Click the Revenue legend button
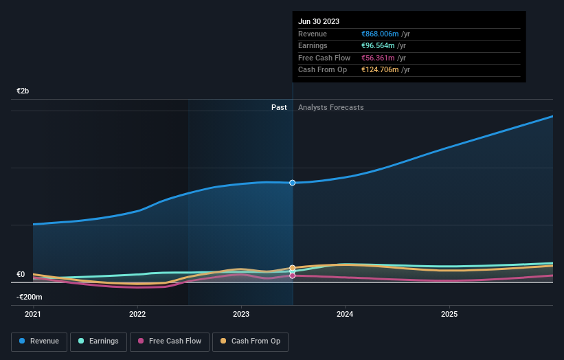[39, 341]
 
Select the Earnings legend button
[99, 341]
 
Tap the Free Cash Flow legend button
[170, 341]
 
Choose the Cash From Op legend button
[251, 341]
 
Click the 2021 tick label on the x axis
[33, 314]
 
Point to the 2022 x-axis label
[137, 314]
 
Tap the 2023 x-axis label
[241, 314]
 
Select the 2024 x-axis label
[345, 314]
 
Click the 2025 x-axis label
[449, 314]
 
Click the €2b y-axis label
[23, 91]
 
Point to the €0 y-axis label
[21, 274]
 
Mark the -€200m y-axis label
[30, 297]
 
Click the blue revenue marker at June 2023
[293, 183]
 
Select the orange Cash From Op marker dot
[293, 268]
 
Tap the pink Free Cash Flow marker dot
[293, 275]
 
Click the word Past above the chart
[279, 107]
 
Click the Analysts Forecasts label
[331, 107]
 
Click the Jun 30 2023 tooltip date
[319, 21]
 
